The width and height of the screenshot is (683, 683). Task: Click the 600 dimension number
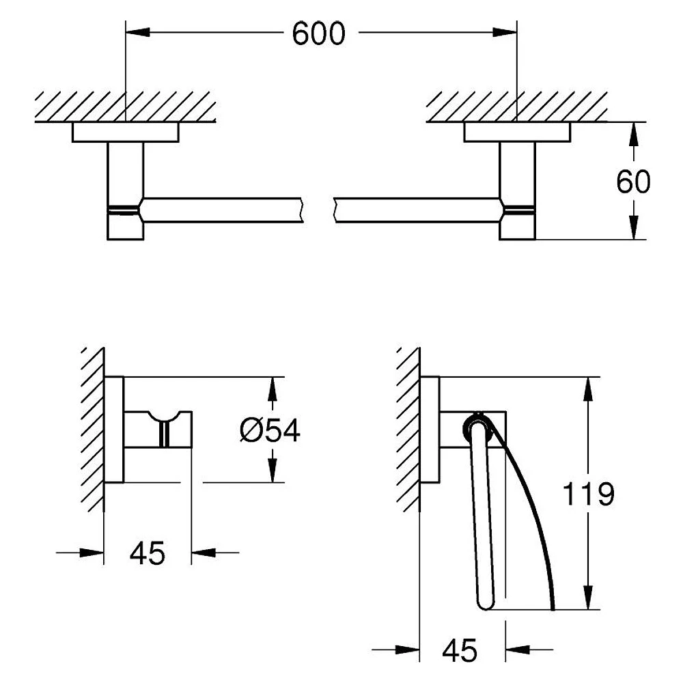[x=318, y=33]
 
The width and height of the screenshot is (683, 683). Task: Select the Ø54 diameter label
[x=270, y=430]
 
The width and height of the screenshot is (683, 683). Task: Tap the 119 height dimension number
[x=588, y=494]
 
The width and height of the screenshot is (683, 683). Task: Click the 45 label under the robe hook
[x=148, y=553]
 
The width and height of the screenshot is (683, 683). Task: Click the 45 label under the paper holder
[x=460, y=651]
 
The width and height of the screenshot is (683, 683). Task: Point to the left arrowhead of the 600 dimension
[x=138, y=32]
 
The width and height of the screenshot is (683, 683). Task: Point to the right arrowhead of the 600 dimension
[x=505, y=32]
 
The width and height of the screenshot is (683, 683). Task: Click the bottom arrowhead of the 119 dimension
[x=588, y=597]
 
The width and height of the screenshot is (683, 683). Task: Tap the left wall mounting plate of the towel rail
[x=126, y=132]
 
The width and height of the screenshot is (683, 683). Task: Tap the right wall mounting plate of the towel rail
[x=517, y=132]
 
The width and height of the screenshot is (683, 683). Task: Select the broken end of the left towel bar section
[x=301, y=210]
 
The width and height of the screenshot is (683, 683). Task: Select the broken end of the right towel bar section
[x=335, y=210]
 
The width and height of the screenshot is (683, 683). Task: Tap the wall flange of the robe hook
[x=114, y=430]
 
